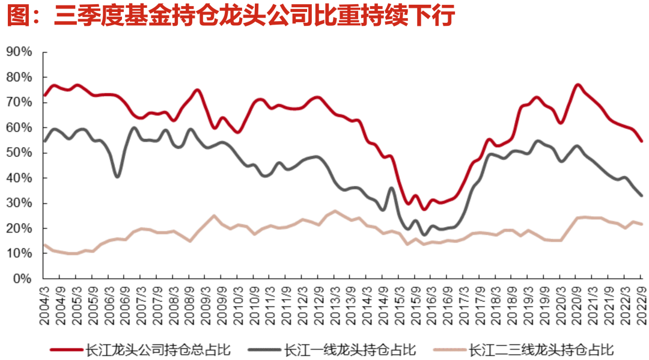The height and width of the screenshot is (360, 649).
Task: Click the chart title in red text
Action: point(231,16)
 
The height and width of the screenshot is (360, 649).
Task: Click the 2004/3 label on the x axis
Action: point(44,304)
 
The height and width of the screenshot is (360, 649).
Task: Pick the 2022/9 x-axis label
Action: point(641,304)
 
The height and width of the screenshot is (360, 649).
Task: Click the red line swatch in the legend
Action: point(67,349)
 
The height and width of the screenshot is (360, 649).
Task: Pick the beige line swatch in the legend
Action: point(448,349)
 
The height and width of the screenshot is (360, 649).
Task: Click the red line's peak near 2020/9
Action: point(577,85)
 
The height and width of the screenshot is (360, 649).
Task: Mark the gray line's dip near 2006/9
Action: point(117,176)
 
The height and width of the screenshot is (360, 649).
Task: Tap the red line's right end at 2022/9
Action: point(642,141)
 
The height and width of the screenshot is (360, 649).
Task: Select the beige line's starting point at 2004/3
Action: point(44,245)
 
